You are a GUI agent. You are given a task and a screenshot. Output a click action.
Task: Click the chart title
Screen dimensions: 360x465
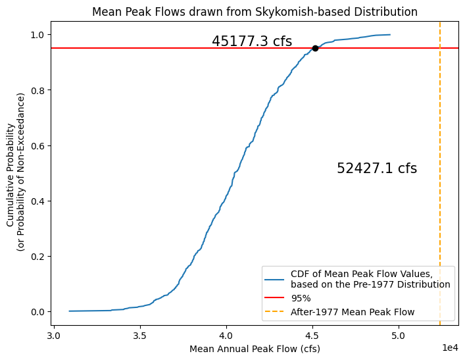[255, 12]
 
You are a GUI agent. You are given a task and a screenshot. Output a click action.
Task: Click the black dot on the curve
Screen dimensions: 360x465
[315, 48]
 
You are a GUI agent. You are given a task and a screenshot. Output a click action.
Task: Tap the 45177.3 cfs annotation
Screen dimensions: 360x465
[252, 41]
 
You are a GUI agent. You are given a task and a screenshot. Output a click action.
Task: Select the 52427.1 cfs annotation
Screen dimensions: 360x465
[377, 168]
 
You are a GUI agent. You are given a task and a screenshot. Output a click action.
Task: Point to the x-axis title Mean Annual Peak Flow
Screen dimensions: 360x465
[255, 349]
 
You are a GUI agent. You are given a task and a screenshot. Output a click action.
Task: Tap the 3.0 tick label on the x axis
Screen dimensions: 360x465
[54, 334]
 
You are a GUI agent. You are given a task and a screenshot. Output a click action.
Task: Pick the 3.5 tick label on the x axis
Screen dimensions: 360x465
[140, 334]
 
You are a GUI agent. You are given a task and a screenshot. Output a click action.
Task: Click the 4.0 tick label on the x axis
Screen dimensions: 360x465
[226, 334]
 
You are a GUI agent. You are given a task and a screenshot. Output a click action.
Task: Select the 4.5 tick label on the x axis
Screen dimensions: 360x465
[312, 334]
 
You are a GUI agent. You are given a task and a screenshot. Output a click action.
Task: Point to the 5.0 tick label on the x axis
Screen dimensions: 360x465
[399, 334]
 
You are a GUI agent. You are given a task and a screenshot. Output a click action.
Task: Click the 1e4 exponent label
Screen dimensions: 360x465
[450, 346]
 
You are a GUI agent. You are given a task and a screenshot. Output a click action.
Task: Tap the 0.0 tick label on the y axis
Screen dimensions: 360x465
[39, 311]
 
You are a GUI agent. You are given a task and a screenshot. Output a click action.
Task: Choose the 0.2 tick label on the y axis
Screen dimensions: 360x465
[39, 256]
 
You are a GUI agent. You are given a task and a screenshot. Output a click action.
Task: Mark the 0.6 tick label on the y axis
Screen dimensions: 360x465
[39, 145]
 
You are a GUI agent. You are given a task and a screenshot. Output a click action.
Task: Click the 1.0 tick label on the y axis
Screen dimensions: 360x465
[39, 34]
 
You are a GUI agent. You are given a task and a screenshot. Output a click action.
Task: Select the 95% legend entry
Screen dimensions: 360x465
[301, 298]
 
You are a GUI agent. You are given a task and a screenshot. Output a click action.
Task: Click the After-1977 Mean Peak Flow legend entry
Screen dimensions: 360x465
[353, 312]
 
